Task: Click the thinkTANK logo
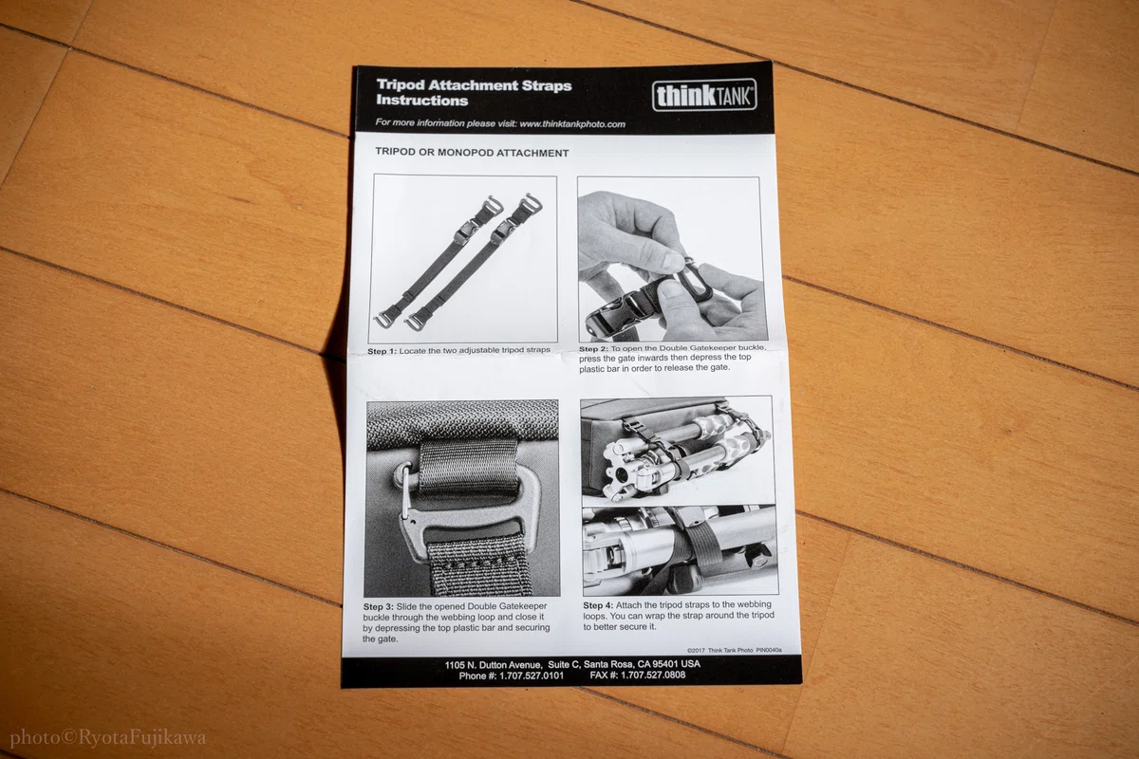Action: tap(704, 95)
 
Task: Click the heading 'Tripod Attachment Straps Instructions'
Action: tap(474, 93)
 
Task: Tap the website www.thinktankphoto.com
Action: tap(572, 124)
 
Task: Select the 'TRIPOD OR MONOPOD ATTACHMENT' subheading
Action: tap(472, 153)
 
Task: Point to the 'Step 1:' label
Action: tap(382, 351)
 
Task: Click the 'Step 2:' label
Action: tap(593, 349)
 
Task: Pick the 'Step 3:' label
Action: tap(379, 606)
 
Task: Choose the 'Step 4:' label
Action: tap(598, 605)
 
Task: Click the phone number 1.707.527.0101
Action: tap(532, 676)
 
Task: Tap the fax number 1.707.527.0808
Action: tap(653, 676)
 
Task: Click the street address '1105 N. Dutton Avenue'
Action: tap(493, 665)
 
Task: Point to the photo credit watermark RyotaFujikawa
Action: tap(142, 738)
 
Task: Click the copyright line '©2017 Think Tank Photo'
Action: tap(720, 650)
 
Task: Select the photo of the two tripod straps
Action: tap(463, 259)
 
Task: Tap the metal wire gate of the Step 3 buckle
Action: tap(406, 492)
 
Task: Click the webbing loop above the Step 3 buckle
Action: tap(469, 466)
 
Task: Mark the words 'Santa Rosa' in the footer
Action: tap(607, 664)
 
